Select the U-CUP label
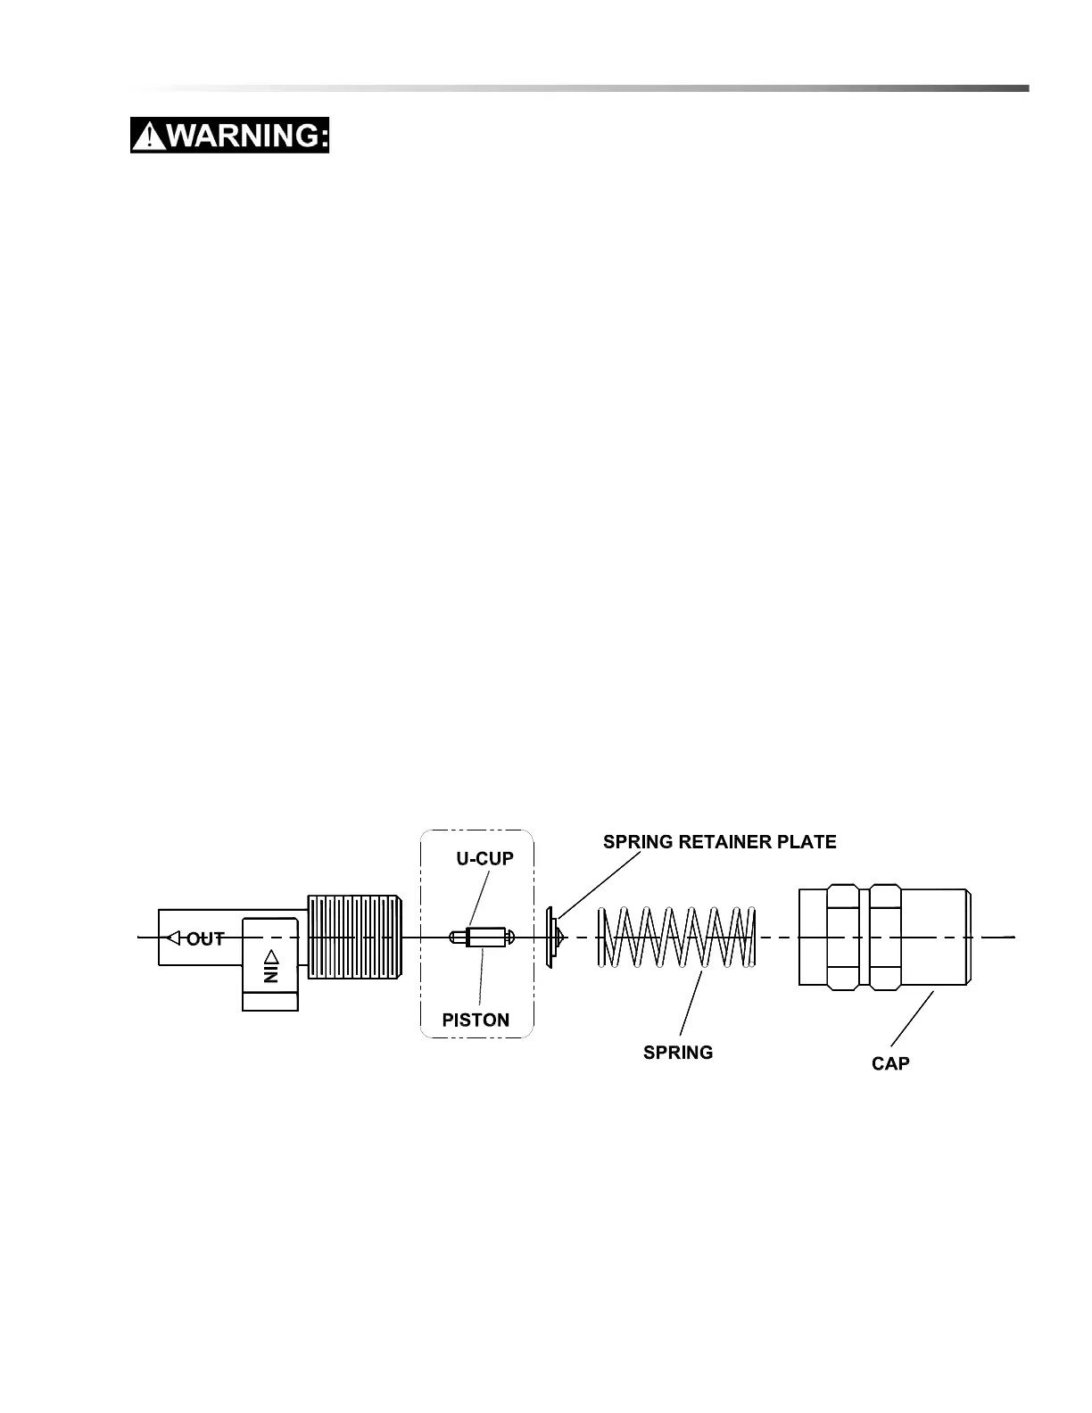click(x=485, y=859)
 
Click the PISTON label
click(x=476, y=1020)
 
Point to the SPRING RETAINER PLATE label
click(x=720, y=842)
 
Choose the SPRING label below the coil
click(x=678, y=1053)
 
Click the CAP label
click(x=890, y=1063)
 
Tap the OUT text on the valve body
click(x=205, y=938)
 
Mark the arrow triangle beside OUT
click(x=174, y=938)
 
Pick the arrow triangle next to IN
click(x=271, y=956)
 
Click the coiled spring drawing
click(x=676, y=937)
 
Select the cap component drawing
click(x=883, y=937)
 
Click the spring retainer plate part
click(x=552, y=938)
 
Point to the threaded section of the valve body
click(x=354, y=937)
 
